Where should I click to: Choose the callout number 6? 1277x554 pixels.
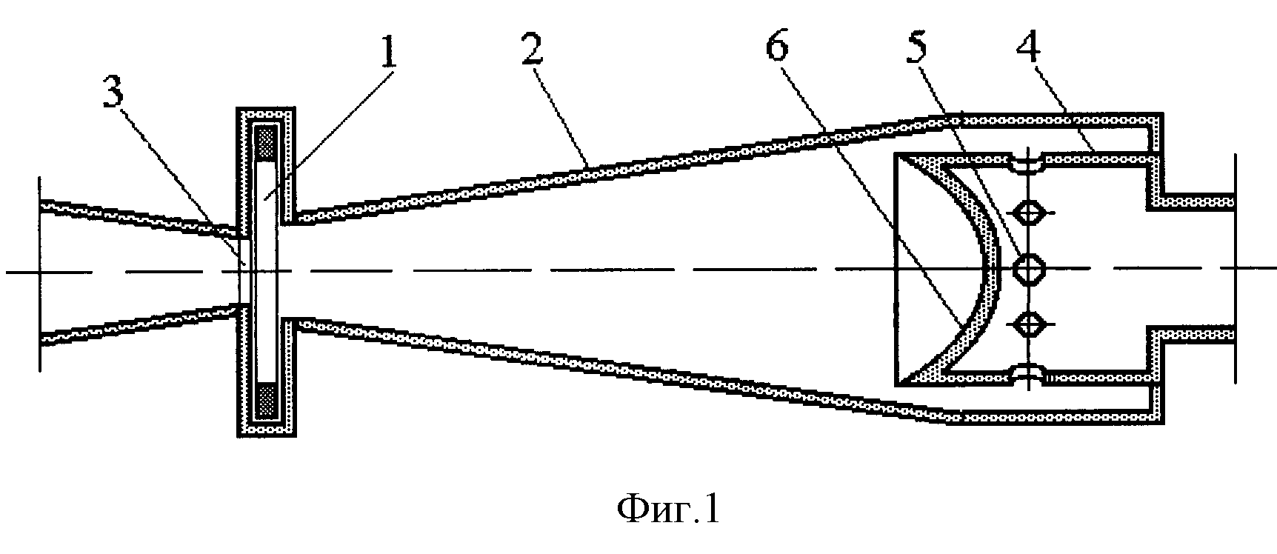pos(777,46)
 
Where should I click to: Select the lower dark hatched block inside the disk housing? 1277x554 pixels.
pos(265,401)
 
